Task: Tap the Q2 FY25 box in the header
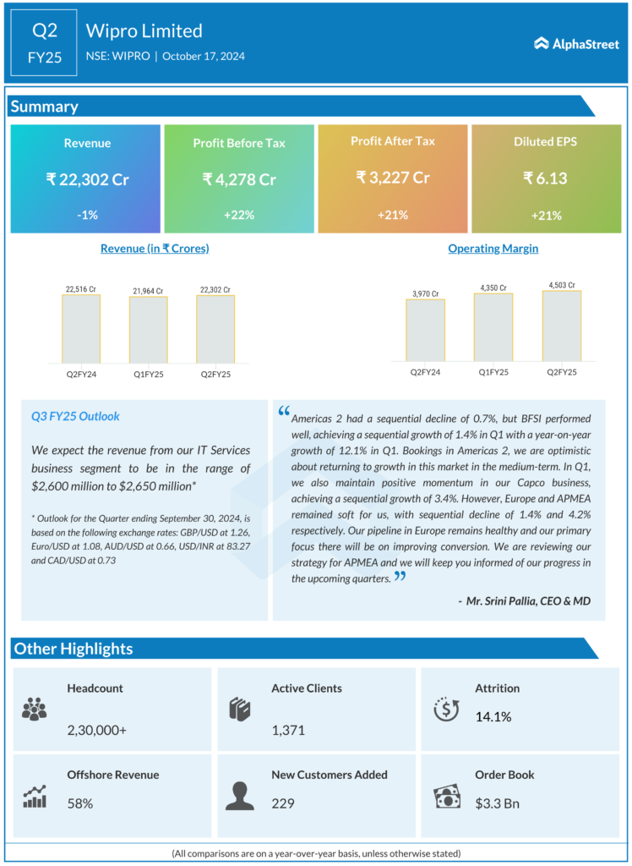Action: coord(44,44)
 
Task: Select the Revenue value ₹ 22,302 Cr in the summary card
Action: coord(87,179)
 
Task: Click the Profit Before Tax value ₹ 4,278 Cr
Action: coord(239,179)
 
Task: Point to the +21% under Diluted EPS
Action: coord(547,216)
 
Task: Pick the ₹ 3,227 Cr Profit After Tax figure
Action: coord(393,178)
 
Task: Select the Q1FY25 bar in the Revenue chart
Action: coord(148,331)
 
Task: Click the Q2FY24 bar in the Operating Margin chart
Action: coord(425,332)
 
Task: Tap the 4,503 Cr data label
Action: coord(561,285)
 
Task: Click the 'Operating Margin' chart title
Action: coord(493,249)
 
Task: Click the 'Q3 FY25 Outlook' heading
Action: coord(75,416)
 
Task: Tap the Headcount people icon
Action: coord(35,709)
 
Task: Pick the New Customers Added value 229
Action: coord(283,803)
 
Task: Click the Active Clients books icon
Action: coord(239,709)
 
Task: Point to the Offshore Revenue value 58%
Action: coord(80,803)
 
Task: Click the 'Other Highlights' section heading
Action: coord(73,649)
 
